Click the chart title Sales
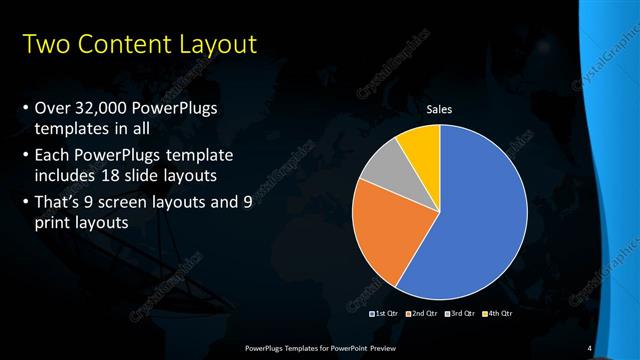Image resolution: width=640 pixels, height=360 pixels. click(x=439, y=109)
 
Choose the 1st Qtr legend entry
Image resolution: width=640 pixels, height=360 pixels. click(x=386, y=314)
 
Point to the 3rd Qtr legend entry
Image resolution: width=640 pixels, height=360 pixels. click(x=460, y=314)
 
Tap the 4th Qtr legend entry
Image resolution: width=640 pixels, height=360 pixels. click(x=497, y=314)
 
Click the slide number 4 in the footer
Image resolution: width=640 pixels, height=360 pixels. click(x=590, y=347)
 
